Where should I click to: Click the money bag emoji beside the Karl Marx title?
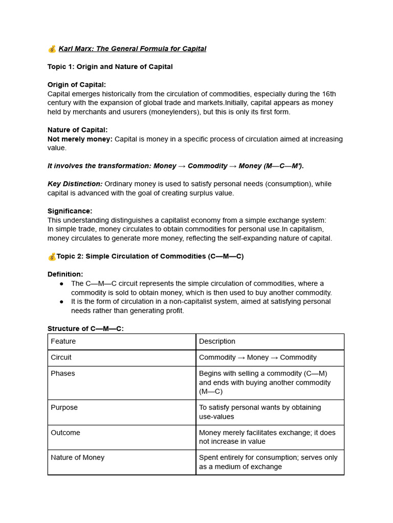pyautogui.click(x=52, y=49)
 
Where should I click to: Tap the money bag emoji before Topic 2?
pyautogui.click(x=52, y=256)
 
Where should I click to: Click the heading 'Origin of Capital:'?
pyautogui.click(x=77, y=85)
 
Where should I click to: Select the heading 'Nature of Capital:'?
pyautogui.click(x=77, y=130)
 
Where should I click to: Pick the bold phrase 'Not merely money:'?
pyautogui.click(x=80, y=139)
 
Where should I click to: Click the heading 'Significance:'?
pyautogui.click(x=70, y=211)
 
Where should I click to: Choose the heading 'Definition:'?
pyautogui.click(x=65, y=274)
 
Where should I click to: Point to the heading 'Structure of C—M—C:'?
pyautogui.click(x=85, y=328)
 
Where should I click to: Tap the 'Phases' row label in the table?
pyautogui.click(x=62, y=373)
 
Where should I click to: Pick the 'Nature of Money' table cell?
pyautogui.click(x=77, y=458)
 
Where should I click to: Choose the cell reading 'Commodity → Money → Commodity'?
pyautogui.click(x=257, y=358)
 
